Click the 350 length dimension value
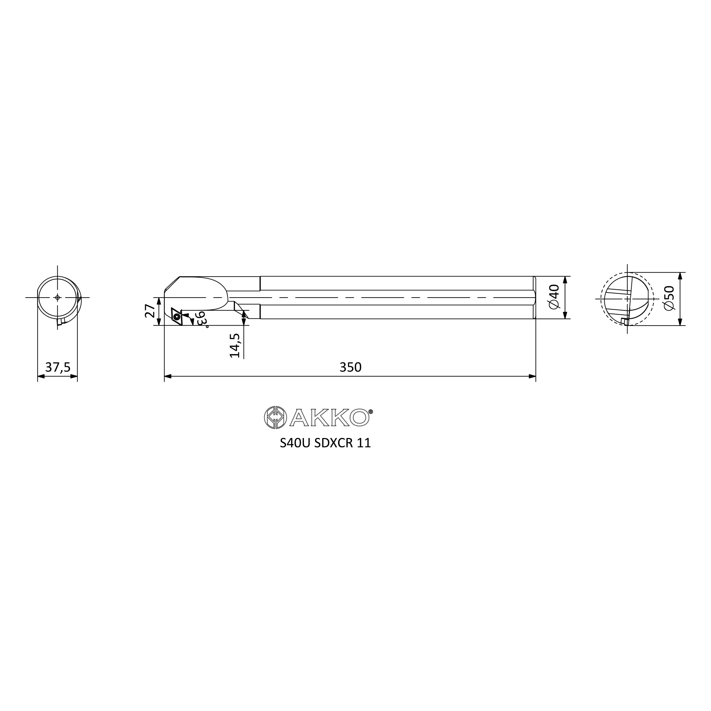pos(351,367)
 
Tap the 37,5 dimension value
pos(58,367)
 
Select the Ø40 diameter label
pos(554,297)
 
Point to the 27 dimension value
pos(150,311)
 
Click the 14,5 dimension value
pos(235,346)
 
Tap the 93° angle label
pos(202,320)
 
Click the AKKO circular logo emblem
pos(275,417)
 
